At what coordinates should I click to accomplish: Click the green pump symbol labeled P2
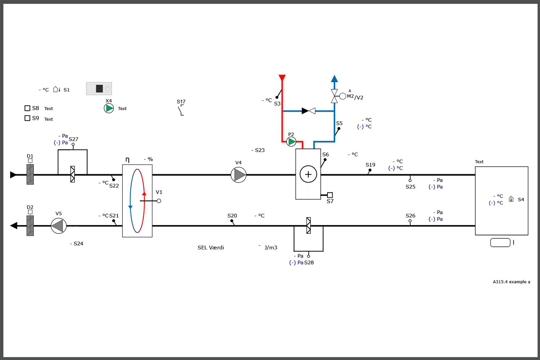291,142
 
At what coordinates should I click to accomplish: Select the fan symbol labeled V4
239,175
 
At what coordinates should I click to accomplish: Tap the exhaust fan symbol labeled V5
59,226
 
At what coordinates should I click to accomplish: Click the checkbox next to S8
27,108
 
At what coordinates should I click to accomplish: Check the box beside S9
27,118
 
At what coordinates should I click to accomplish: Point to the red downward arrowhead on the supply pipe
282,78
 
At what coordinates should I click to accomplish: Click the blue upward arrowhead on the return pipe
334,78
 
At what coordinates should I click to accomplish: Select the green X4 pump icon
109,108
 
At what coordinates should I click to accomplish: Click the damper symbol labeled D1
30,174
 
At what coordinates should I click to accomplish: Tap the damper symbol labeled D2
30,225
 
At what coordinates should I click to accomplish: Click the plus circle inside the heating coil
308,174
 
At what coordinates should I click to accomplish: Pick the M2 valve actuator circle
343,96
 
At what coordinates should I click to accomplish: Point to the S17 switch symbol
181,110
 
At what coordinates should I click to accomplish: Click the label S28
309,263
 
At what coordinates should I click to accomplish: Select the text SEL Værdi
211,248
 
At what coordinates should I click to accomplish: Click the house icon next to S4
511,199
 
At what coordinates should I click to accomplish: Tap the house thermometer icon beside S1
57,89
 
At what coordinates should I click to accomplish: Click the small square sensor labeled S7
330,195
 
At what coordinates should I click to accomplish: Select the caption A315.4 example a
511,282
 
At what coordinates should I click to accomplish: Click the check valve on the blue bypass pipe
309,111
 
